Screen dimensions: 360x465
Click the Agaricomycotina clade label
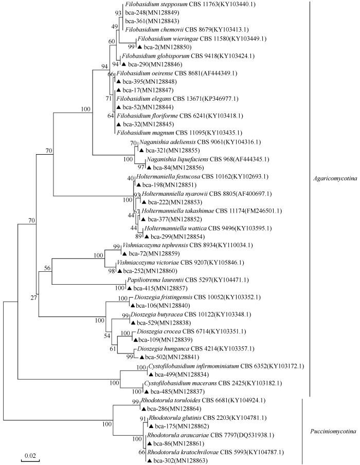(x=335, y=178)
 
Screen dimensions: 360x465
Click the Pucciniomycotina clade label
(x=333, y=432)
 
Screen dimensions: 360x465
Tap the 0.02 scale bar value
(x=30, y=455)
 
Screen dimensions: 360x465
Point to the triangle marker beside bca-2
(x=139, y=47)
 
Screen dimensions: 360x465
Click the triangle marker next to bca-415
(x=130, y=288)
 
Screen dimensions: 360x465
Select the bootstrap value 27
(x=33, y=297)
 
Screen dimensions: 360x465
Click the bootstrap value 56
(x=47, y=268)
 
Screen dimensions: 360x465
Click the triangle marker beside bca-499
(x=151, y=374)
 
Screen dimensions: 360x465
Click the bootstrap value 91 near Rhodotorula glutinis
(x=143, y=418)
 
